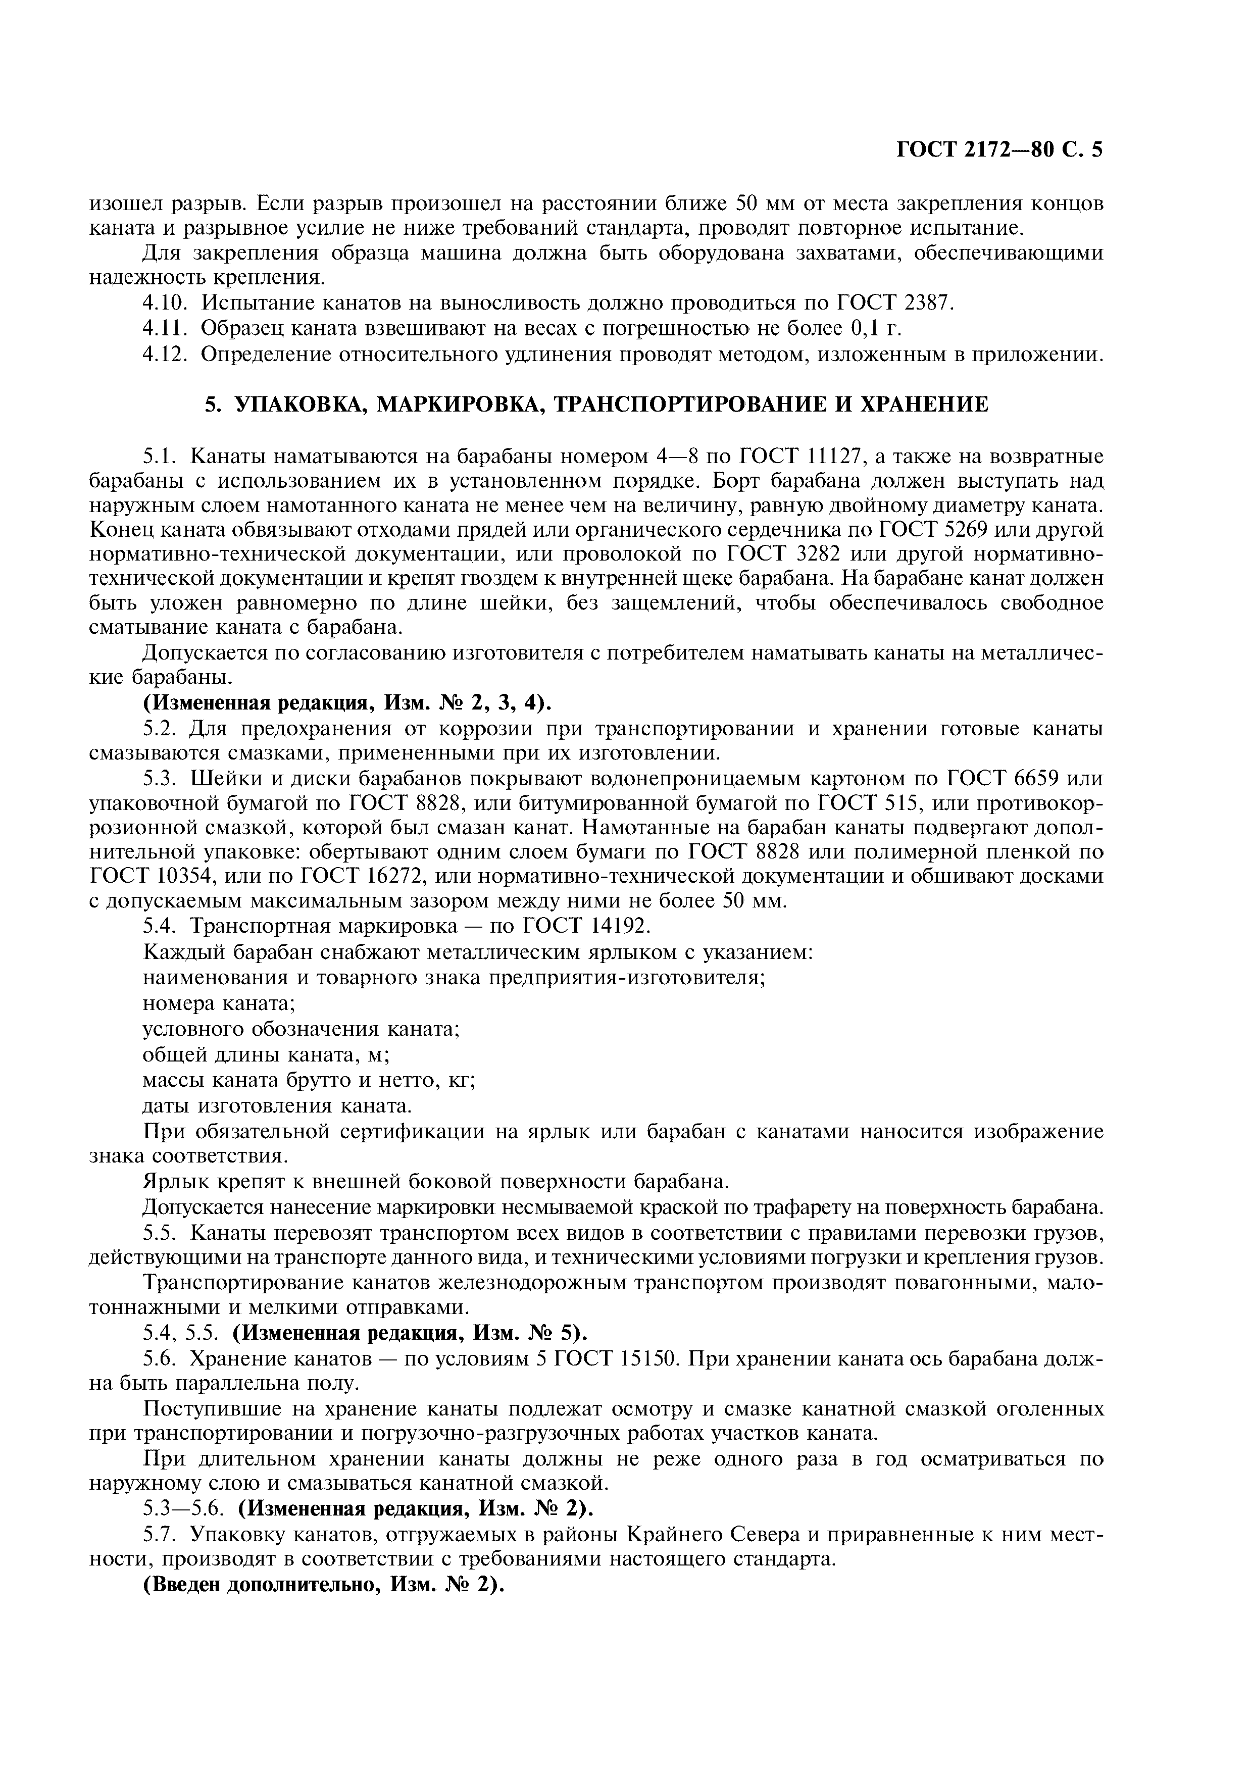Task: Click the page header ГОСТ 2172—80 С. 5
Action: coord(999,149)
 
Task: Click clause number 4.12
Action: coord(166,355)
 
